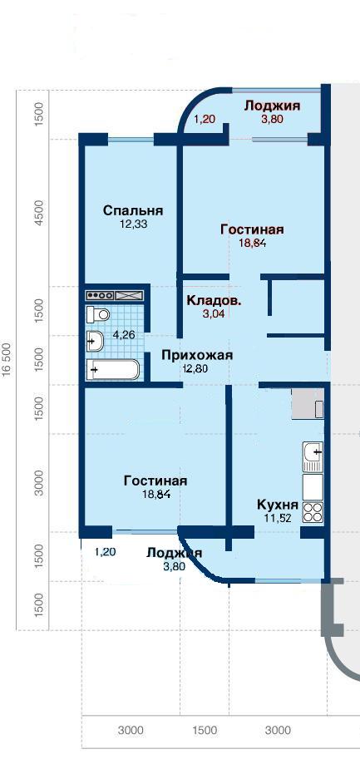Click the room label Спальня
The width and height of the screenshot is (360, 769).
tap(133, 211)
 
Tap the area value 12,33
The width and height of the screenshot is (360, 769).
tap(132, 224)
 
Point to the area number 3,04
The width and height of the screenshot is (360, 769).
tap(213, 314)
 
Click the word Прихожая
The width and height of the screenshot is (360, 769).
tap(197, 356)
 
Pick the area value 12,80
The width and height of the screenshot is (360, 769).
tap(195, 368)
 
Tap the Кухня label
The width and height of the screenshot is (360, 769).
tap(278, 505)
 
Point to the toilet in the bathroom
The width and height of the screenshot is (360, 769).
tap(97, 314)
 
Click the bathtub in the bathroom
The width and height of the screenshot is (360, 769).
tap(113, 369)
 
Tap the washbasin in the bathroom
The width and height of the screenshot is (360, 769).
tap(94, 340)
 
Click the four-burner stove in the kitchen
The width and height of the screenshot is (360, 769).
tap(313, 512)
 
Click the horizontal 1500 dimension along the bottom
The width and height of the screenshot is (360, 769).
tap(205, 730)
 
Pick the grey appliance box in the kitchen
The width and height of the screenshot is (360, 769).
tap(308, 404)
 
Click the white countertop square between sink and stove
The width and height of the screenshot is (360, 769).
tap(313, 486)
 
